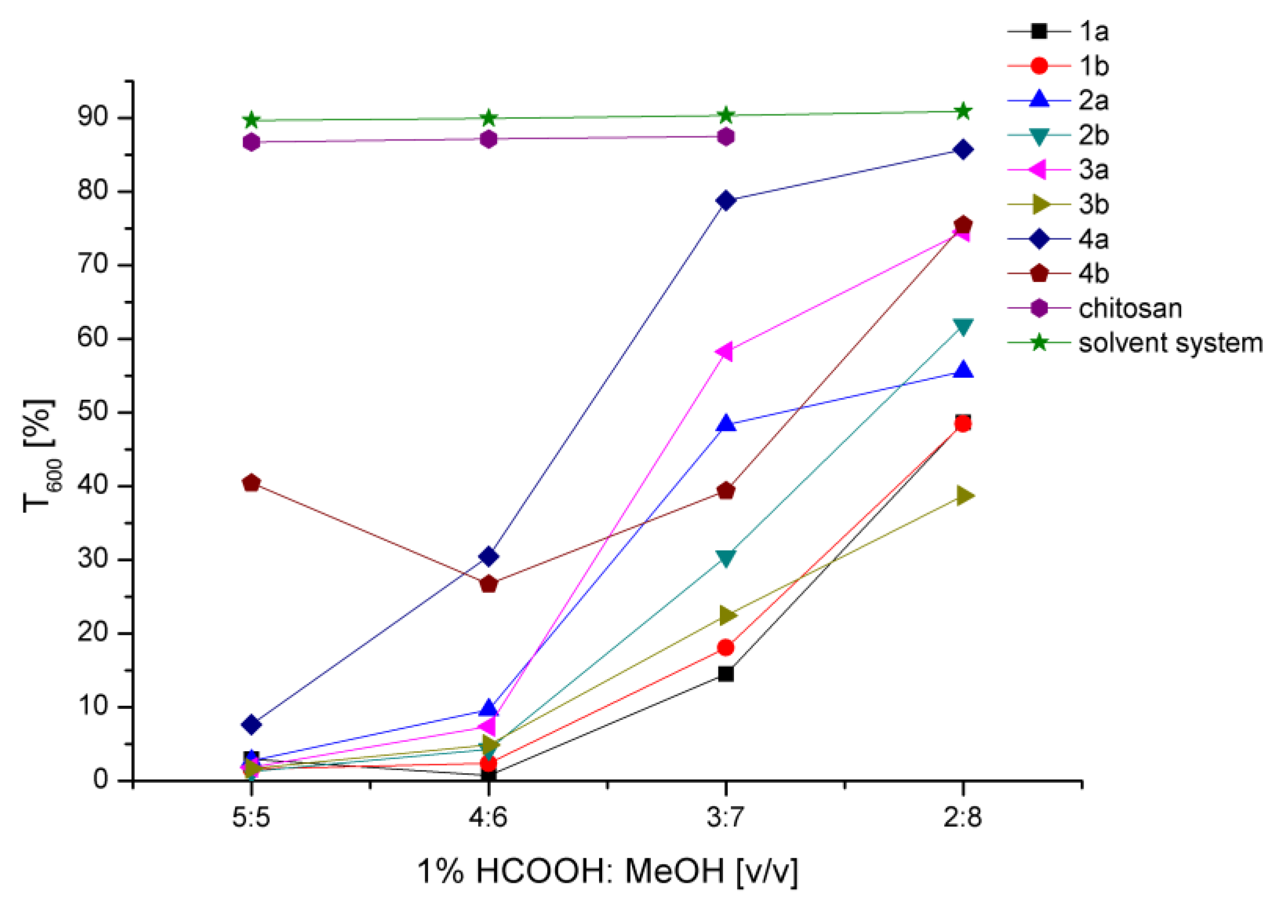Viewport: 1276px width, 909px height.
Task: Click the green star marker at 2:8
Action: tap(963, 111)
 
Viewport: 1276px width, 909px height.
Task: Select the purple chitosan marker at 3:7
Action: tap(726, 136)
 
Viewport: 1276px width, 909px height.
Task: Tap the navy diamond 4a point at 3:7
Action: tap(726, 201)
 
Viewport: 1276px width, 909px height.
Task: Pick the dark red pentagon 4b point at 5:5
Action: tap(251, 483)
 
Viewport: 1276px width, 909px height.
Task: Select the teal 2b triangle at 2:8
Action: tap(963, 327)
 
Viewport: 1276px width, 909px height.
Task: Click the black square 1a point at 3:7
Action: tap(726, 673)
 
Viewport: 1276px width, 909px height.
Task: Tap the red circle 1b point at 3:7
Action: tap(726, 648)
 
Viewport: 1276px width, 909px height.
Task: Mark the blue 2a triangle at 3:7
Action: tap(726, 424)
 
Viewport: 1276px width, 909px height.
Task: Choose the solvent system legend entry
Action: tap(1170, 343)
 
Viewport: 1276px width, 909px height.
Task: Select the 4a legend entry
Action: tap(1093, 240)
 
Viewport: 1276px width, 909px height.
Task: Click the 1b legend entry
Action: tap(1093, 66)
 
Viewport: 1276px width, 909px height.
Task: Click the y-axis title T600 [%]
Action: tap(40, 456)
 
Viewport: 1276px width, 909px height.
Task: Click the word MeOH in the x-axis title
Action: tap(674, 871)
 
